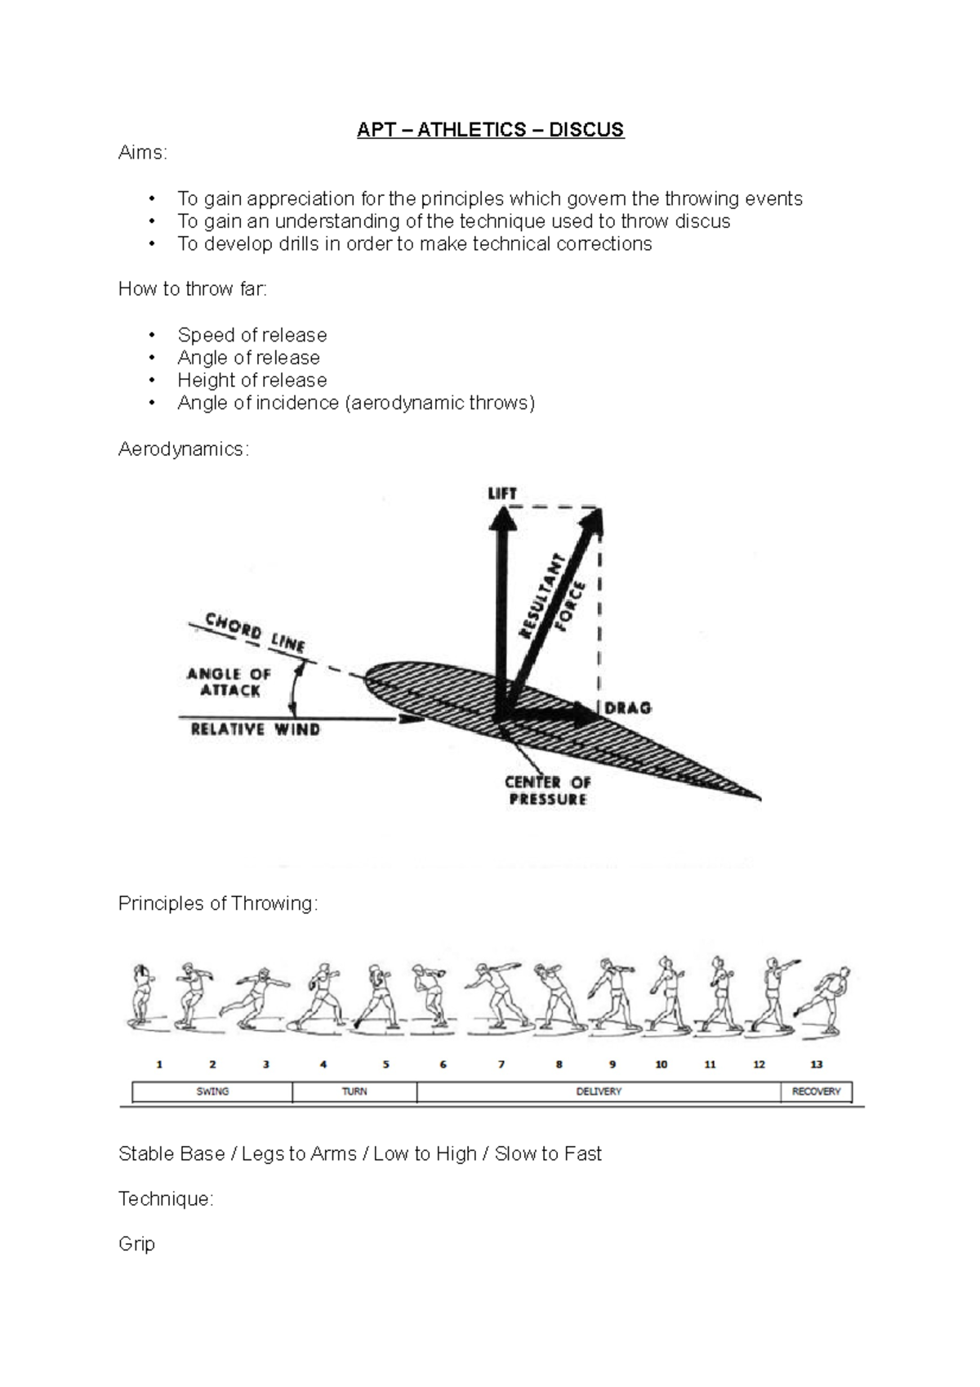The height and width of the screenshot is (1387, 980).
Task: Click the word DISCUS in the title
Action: (x=586, y=130)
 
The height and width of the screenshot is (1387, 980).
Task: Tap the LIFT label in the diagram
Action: (x=501, y=493)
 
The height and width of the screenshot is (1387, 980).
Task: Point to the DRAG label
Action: (x=628, y=708)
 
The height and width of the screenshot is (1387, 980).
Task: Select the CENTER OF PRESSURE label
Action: (x=547, y=790)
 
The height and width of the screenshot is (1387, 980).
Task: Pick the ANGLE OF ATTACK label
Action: (x=229, y=682)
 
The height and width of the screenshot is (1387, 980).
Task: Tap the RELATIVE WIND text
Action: (x=255, y=729)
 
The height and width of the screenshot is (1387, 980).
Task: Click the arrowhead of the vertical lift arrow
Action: (x=501, y=516)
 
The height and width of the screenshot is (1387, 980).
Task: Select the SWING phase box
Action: (x=212, y=1091)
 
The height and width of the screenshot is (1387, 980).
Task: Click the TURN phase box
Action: (x=354, y=1091)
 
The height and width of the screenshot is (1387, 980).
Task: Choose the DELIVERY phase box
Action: (x=599, y=1091)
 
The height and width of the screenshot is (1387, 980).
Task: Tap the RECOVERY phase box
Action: (x=816, y=1091)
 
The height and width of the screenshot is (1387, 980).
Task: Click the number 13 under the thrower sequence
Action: (x=816, y=1064)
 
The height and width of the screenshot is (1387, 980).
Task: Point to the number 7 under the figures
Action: (x=501, y=1064)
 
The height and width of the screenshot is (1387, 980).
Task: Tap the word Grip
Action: (x=136, y=1244)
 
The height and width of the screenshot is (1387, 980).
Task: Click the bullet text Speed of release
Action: (x=252, y=335)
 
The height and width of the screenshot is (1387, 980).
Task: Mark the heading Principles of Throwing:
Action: (x=218, y=903)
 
